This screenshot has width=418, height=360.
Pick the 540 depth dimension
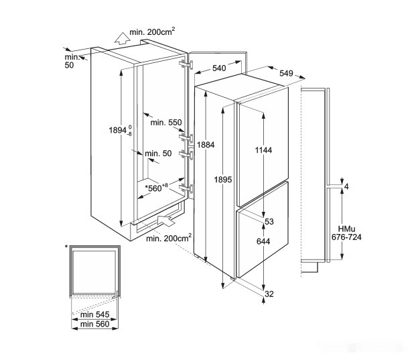coord(218,68)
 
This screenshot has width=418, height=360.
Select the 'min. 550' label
coord(165,123)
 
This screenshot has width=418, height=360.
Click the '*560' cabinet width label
coord(154,188)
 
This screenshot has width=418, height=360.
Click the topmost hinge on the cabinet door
coord(187,64)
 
